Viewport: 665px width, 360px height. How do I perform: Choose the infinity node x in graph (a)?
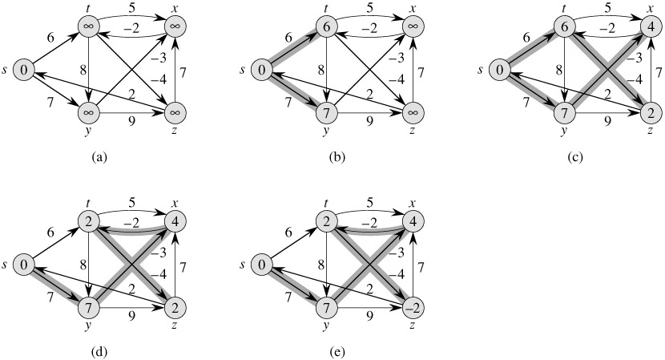click(175, 27)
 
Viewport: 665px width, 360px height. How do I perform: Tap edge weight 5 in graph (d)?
click(131, 204)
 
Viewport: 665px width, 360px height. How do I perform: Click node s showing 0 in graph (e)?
click(262, 265)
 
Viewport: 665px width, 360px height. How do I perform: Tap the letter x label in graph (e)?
click(415, 203)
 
